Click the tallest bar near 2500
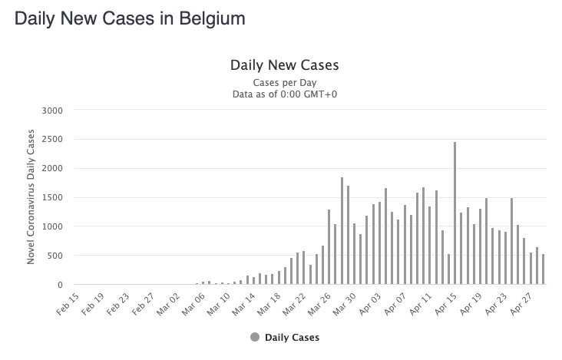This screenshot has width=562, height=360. coord(455,213)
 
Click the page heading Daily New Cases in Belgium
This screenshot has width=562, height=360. coord(130,18)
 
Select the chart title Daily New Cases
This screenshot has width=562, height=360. coord(285,65)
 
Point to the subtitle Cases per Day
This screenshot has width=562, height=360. coord(285,83)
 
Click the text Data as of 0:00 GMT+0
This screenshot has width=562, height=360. coord(285,94)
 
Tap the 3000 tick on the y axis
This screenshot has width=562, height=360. coord(52,111)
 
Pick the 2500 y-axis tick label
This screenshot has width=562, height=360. coord(52,140)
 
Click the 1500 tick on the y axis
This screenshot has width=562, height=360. coord(52,197)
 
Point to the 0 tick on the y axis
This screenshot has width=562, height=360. coord(60,285)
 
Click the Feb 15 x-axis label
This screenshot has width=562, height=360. coord(68,304)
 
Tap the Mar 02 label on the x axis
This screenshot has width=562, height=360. coord(168,304)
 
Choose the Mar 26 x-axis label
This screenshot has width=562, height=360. coord(319,304)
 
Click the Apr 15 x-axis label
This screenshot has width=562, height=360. coord(445,304)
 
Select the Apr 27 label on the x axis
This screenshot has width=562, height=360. coord(521,304)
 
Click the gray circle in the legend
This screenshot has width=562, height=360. coord(255,337)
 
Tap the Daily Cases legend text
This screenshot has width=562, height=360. coord(292,338)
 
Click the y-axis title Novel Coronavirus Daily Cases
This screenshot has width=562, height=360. coord(31,197)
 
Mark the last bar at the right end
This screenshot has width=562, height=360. coord(544,269)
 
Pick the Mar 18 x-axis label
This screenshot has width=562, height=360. coord(269,304)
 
